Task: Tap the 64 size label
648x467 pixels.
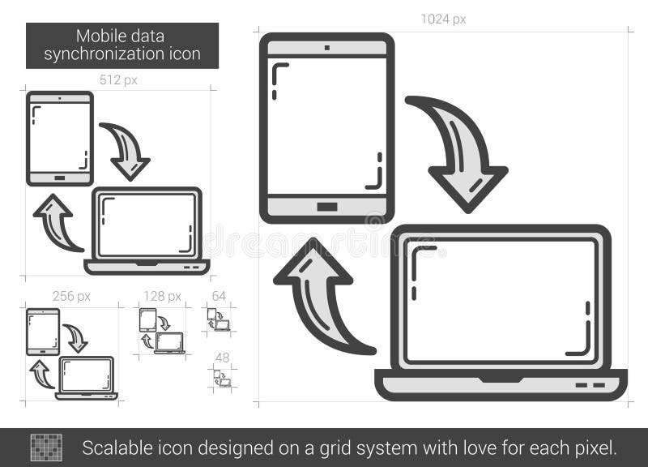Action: [x=219, y=296]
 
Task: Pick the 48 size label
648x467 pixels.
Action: [x=221, y=357]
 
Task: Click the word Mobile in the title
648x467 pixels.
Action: [x=98, y=36]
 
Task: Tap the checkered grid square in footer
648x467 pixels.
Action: [x=46, y=448]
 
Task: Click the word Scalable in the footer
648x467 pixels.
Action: [x=113, y=447]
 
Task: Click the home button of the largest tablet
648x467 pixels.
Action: [x=327, y=207]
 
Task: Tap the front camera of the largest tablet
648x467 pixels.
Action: [x=327, y=47]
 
